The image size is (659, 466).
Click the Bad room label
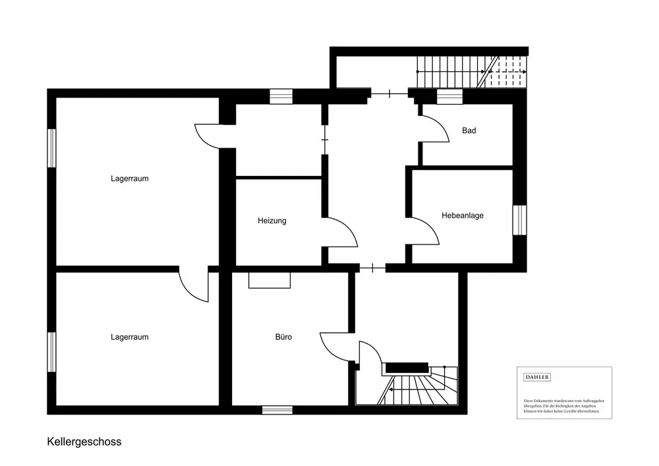coord(469,131)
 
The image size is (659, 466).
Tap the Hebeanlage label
coord(463,215)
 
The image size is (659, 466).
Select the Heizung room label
coord(272,221)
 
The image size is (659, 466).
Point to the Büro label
coord(283,337)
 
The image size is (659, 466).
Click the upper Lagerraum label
coord(129,178)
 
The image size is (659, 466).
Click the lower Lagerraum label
coord(129,337)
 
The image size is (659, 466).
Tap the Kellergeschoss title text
coord(84,442)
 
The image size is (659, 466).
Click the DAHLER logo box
coord(536,377)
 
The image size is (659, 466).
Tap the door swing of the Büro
coord(334,346)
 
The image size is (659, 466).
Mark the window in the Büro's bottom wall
coord(277,410)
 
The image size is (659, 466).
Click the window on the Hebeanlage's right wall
coord(519,219)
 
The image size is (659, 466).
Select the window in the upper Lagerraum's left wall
coord(51,148)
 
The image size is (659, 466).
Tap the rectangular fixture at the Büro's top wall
coord(269,281)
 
